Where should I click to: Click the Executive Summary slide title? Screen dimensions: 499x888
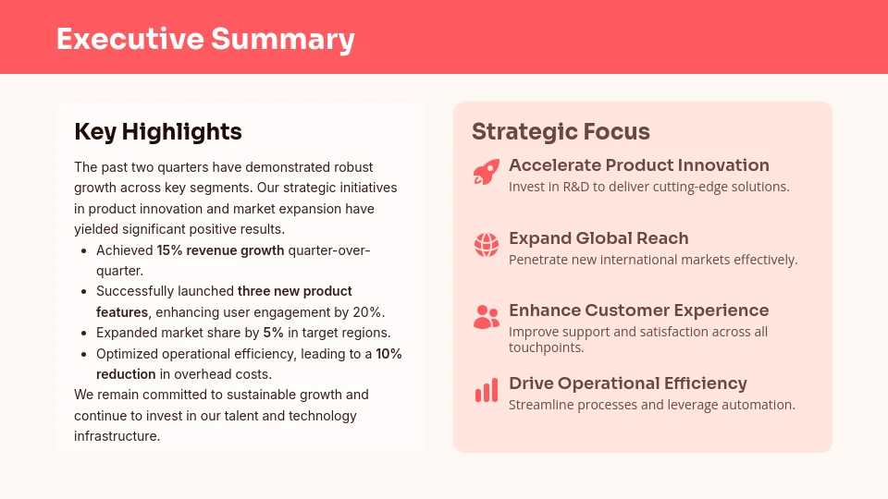(x=204, y=39)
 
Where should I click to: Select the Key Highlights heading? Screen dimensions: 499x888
(x=157, y=132)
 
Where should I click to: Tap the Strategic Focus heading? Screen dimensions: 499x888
(x=561, y=132)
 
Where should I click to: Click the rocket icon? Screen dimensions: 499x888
(x=486, y=173)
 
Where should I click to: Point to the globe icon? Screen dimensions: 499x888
(x=486, y=245)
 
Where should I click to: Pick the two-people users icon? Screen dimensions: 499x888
(x=486, y=317)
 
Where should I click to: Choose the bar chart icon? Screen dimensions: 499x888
(x=486, y=390)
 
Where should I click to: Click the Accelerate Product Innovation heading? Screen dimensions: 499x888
(x=638, y=165)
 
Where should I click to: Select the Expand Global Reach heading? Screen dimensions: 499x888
(x=598, y=238)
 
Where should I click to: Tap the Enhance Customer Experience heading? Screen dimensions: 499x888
(x=638, y=310)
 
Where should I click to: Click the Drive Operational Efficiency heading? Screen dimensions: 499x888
(x=627, y=383)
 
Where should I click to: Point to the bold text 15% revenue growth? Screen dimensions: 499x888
(x=220, y=250)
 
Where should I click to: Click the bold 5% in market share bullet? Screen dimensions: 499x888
(x=273, y=333)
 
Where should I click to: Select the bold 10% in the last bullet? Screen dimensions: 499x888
(x=388, y=354)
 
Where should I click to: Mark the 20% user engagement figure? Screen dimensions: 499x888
(x=368, y=312)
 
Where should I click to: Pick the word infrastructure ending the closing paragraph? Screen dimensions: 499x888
(x=117, y=436)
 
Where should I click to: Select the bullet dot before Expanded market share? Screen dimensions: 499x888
(x=84, y=333)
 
